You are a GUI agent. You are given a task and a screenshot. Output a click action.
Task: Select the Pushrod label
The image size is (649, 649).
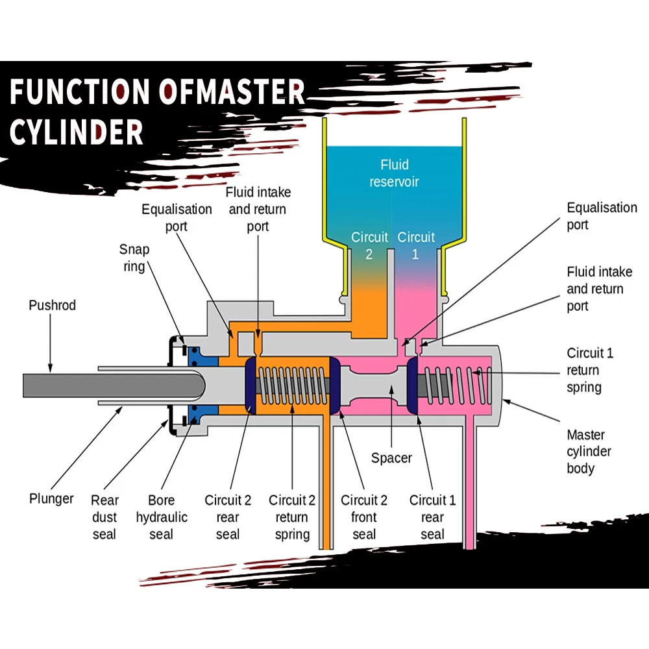[52, 305]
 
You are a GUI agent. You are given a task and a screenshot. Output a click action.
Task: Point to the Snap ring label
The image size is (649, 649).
[134, 258]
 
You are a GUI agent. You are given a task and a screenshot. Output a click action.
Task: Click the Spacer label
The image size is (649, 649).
[391, 458]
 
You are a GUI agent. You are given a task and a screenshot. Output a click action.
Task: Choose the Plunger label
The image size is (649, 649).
[51, 499]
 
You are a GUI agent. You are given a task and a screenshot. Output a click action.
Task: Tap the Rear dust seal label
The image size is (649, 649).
[104, 517]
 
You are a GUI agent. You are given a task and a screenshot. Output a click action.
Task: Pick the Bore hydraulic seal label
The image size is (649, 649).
[161, 517]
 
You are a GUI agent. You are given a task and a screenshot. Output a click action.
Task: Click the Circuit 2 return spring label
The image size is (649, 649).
[292, 517]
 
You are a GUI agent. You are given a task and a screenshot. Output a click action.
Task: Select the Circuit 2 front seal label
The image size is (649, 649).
[364, 517]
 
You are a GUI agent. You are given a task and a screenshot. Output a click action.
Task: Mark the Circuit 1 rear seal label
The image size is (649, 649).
[432, 517]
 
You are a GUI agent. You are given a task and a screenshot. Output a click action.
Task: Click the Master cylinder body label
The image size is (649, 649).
[589, 452]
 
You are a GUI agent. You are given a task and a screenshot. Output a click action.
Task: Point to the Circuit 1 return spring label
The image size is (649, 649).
[590, 371]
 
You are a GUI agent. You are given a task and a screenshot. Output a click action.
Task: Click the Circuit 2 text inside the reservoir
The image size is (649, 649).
[369, 245]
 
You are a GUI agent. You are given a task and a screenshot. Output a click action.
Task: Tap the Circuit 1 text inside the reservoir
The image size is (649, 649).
[416, 245]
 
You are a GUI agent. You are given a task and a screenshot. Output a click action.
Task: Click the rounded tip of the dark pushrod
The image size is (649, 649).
[198, 385]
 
